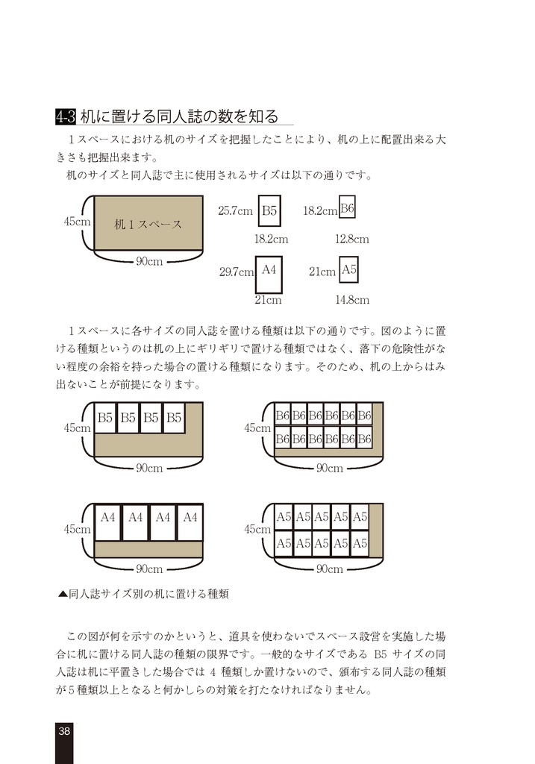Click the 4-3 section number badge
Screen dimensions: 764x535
pyautogui.click(x=66, y=116)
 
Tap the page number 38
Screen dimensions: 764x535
pyautogui.click(x=65, y=730)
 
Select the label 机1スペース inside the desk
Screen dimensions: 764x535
pyautogui.click(x=148, y=224)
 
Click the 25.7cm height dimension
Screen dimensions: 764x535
pyautogui.click(x=235, y=211)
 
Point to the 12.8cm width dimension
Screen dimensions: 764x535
pyautogui.click(x=351, y=239)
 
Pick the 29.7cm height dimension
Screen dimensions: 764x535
pyautogui.click(x=237, y=272)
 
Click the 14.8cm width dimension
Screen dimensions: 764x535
pyautogui.click(x=351, y=300)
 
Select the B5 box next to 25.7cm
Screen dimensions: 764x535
pyautogui.click(x=269, y=211)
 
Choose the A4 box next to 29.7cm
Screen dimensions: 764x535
pyautogui.click(x=269, y=270)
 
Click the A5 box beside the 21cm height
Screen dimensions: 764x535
pyautogui.click(x=349, y=270)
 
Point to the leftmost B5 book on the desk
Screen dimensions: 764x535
pyautogui.click(x=105, y=419)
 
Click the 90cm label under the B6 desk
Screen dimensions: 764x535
pyautogui.click(x=329, y=468)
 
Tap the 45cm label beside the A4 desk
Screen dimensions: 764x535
pyautogui.click(x=77, y=529)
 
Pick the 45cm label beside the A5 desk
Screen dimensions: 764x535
pyautogui.click(x=257, y=529)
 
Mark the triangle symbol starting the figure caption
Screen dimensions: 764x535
pyautogui.click(x=63, y=594)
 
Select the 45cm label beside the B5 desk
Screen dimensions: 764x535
pyautogui.click(x=77, y=428)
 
